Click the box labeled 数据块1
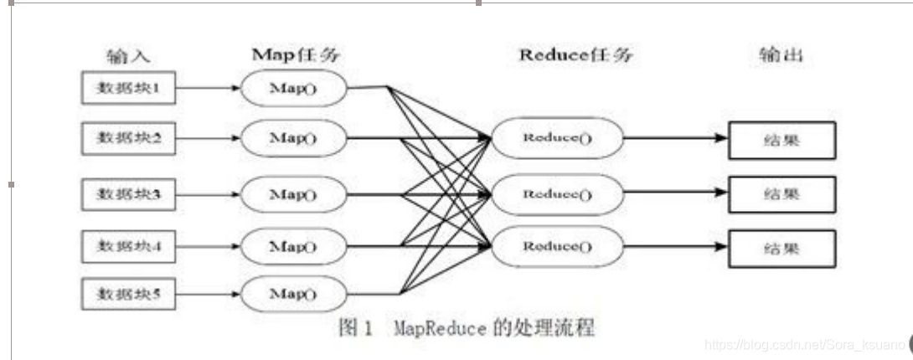click(x=128, y=88)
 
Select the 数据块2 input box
click(x=128, y=139)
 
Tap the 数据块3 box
click(x=128, y=194)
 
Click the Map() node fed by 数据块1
click(x=293, y=88)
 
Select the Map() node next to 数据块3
click(x=293, y=194)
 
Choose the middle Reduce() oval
click(x=557, y=194)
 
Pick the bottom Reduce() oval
click(x=557, y=245)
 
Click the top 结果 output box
click(x=782, y=140)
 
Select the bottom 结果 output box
click(x=782, y=248)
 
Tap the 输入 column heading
click(x=127, y=56)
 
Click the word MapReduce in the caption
click(x=439, y=327)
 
